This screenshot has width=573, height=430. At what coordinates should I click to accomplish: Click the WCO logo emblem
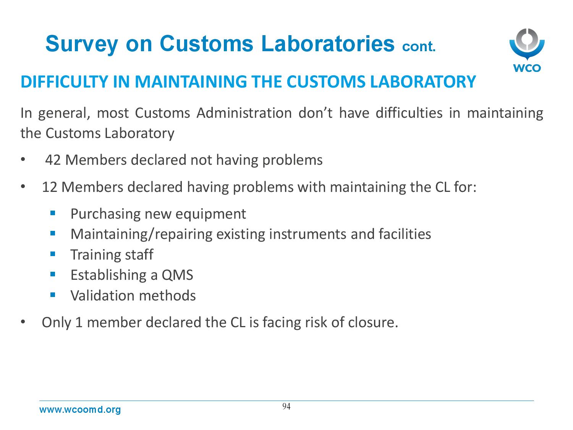click(x=527, y=45)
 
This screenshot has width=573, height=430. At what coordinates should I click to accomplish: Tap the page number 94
click(x=286, y=406)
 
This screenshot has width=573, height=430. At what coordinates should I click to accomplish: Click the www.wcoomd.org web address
click(x=80, y=410)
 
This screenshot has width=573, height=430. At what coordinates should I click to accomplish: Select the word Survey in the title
click(x=82, y=44)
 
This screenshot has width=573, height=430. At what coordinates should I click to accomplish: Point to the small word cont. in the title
click(x=419, y=47)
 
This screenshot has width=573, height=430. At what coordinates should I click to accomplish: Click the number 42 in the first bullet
click(x=53, y=160)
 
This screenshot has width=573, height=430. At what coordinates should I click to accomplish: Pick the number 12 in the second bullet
click(x=50, y=187)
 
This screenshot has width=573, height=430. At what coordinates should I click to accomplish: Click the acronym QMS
click(x=177, y=275)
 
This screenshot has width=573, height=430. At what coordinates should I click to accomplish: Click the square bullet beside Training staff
click(x=53, y=254)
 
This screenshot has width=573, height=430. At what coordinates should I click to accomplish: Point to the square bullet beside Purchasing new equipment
click(x=53, y=213)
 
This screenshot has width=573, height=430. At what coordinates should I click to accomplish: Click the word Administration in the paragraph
click(x=244, y=113)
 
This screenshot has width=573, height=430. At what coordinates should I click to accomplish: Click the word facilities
click(x=405, y=234)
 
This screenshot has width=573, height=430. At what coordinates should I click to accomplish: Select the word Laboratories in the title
click(x=328, y=43)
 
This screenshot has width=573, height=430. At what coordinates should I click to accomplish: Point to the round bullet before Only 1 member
click(x=23, y=322)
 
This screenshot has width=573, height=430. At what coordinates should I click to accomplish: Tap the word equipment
click(x=210, y=214)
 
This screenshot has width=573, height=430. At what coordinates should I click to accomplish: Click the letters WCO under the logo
click(x=527, y=68)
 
